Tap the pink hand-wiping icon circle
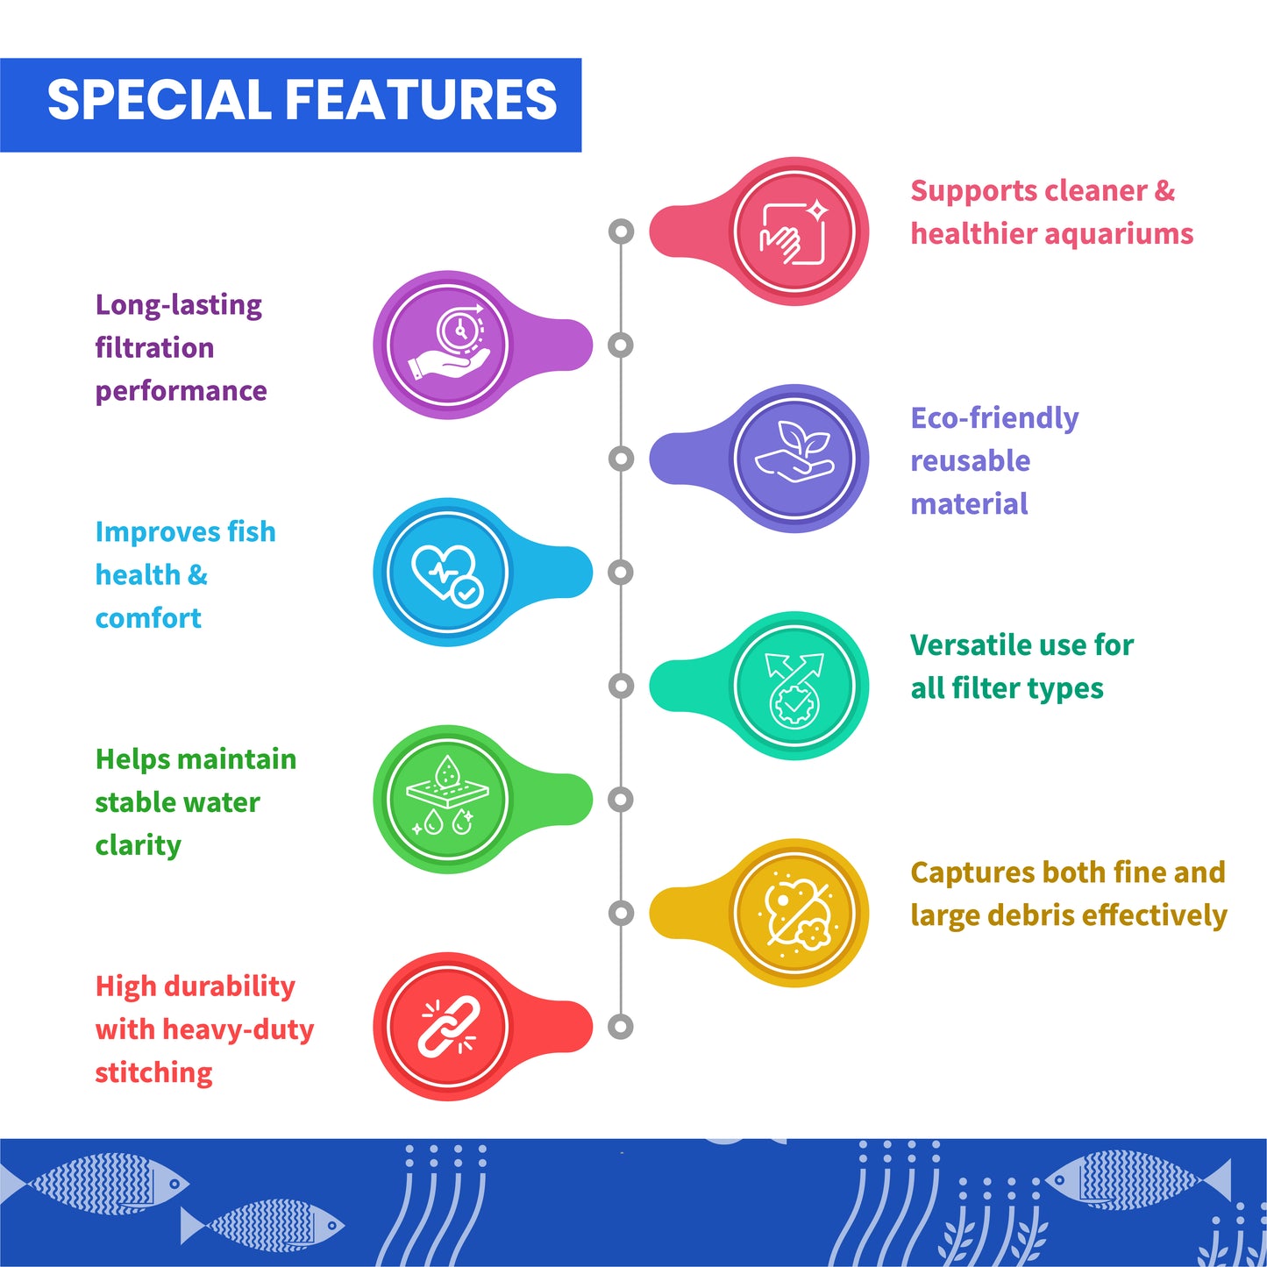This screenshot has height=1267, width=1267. click(x=794, y=231)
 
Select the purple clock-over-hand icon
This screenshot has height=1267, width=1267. click(x=448, y=345)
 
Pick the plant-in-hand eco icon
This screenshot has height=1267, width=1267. click(x=794, y=458)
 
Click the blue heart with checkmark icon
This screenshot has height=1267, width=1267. click(x=448, y=572)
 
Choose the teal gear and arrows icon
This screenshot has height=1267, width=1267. click(x=794, y=686)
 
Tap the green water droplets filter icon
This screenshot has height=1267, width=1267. click(x=448, y=799)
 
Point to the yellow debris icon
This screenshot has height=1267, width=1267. click(x=794, y=913)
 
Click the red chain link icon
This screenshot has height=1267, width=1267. click(x=448, y=1026)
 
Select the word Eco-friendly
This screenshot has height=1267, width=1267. click(x=994, y=418)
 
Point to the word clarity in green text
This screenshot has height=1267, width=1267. click(x=139, y=845)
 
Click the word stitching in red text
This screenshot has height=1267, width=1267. click(x=153, y=1072)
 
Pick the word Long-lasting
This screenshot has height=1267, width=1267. click(x=179, y=305)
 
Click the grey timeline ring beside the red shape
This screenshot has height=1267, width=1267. click(x=621, y=1026)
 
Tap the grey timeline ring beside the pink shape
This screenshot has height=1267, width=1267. click(x=621, y=231)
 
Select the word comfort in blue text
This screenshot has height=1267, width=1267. click(x=148, y=618)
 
